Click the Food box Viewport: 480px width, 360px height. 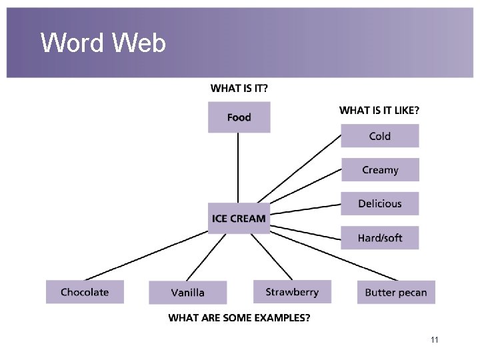239,117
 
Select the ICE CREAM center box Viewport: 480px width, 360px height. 239,218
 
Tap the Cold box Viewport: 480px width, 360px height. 380,136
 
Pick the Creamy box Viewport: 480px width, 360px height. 380,170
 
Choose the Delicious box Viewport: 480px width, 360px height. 380,204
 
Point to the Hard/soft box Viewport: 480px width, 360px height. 380,238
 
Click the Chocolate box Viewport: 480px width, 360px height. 85,292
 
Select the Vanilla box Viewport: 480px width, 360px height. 187,293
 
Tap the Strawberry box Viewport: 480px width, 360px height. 292,292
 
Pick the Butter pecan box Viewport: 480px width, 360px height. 396,293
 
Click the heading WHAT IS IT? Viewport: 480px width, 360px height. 244,88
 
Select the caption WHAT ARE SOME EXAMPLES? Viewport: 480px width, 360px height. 239,318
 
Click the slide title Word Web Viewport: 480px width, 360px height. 103,44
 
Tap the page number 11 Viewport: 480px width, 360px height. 434,341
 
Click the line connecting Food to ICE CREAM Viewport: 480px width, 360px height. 239,167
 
